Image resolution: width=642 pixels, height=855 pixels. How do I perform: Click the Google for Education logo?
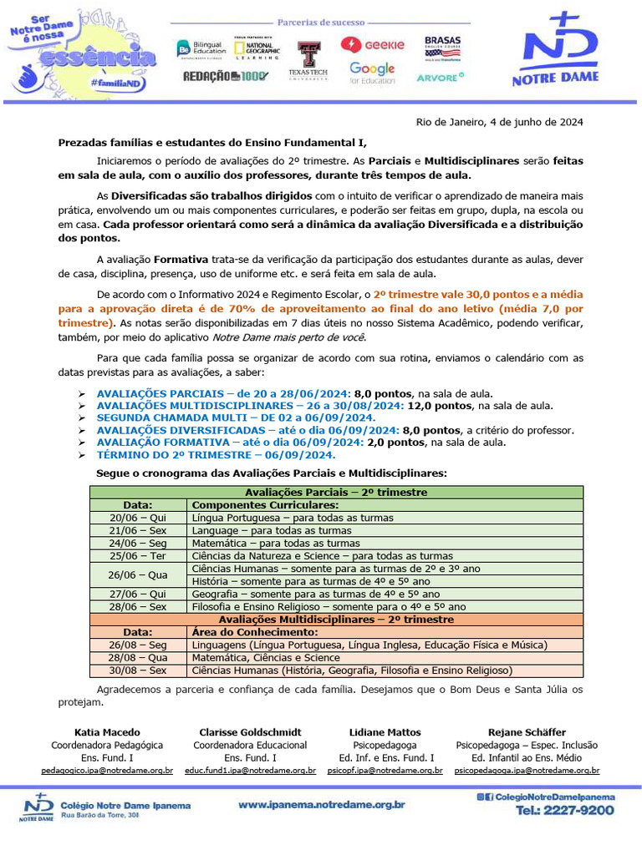372,73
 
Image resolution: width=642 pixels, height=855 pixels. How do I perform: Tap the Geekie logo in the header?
372,45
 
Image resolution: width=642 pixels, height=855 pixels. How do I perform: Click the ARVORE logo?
440,77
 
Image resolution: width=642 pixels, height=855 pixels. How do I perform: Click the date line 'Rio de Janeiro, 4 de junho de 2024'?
499,122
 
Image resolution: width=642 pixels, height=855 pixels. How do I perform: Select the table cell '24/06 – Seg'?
138,543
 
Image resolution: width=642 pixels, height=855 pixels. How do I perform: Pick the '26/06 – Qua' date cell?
138,574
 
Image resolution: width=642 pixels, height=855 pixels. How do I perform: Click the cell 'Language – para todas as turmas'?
272,530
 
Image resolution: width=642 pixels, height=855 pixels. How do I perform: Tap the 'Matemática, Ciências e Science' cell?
266,658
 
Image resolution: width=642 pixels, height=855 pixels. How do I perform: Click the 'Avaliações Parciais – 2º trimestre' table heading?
336,493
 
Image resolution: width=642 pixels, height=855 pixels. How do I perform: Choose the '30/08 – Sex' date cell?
138,670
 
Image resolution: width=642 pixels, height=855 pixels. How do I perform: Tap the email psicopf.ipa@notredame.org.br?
385,771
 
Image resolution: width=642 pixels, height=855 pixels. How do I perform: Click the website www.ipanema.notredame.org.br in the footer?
322,805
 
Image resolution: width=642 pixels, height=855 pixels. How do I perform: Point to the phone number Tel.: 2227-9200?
564,811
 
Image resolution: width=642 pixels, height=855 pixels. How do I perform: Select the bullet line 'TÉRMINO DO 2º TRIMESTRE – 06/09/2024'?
216,455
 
